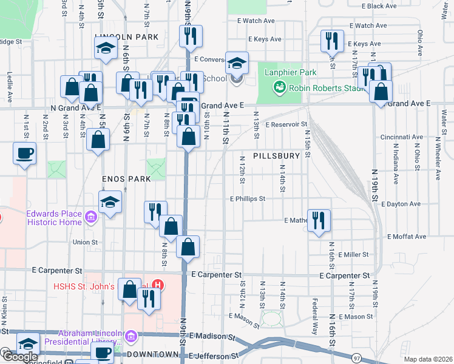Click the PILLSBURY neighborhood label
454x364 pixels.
click(x=277, y=156)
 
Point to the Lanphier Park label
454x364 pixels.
click(x=290, y=73)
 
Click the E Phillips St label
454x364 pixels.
click(x=248, y=198)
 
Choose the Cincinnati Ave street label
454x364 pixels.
click(x=401, y=137)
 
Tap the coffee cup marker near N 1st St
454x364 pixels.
click(x=24, y=153)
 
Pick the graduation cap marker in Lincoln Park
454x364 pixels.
click(x=106, y=48)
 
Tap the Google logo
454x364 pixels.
click(x=20, y=357)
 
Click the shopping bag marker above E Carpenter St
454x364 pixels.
click(x=189, y=246)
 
